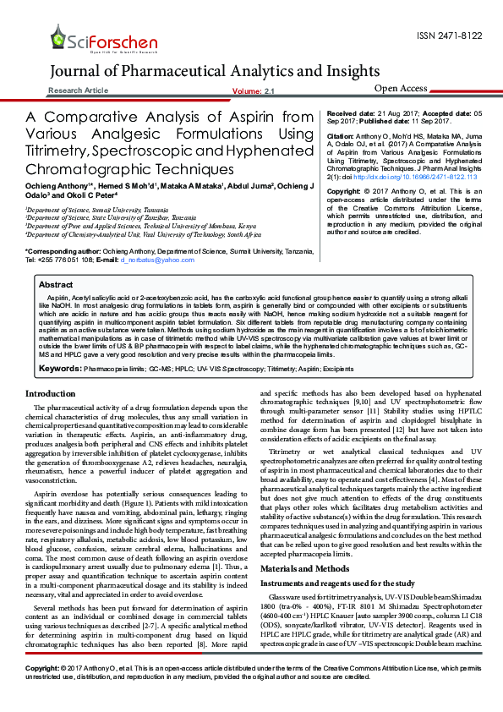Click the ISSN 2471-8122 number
point(450,36)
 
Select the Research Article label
point(79,90)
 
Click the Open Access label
point(401,88)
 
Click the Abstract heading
point(56,285)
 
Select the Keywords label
point(59,369)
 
